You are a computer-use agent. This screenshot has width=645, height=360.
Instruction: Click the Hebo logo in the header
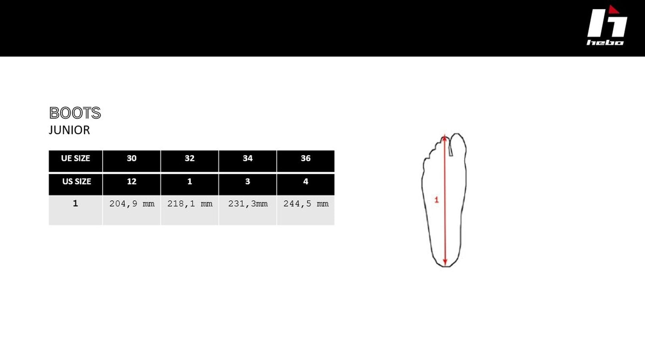(607, 25)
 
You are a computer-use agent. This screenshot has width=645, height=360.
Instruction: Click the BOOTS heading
(75, 113)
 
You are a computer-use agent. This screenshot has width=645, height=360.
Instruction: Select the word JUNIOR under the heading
(69, 130)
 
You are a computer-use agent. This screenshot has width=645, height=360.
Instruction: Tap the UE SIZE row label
(75, 161)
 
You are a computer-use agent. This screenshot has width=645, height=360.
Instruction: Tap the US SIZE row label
(75, 185)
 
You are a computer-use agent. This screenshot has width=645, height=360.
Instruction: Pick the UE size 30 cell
(132, 161)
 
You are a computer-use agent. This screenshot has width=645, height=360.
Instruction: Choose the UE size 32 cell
(190, 161)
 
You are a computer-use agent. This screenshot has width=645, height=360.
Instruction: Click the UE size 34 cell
(248, 161)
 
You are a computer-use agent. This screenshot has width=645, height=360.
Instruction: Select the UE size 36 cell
(305, 161)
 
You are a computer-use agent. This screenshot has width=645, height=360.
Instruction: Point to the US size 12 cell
(132, 185)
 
